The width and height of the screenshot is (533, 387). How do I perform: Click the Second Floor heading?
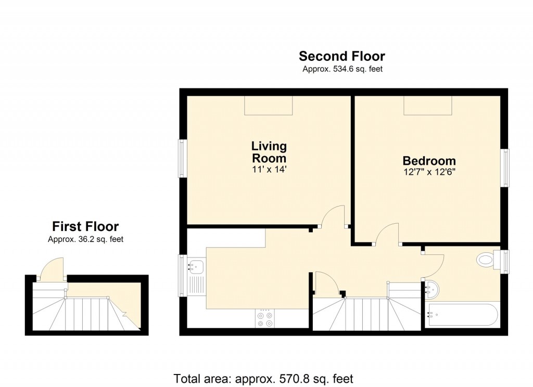point(342,56)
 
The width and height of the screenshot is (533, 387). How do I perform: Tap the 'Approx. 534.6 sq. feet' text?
point(342,69)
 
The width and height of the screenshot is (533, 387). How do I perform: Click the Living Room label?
point(269,152)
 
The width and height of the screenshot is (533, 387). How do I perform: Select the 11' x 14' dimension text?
point(269,169)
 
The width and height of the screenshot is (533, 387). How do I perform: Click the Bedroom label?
point(429,161)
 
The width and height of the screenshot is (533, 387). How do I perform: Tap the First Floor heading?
point(85,227)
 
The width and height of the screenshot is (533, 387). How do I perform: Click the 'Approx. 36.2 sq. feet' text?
point(85,240)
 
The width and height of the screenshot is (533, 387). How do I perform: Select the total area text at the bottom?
point(263,378)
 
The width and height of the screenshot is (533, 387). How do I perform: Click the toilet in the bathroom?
point(486,260)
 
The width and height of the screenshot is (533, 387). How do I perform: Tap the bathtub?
point(462,314)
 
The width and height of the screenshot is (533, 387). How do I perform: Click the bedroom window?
point(505,167)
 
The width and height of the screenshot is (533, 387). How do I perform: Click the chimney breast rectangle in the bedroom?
point(428,106)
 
